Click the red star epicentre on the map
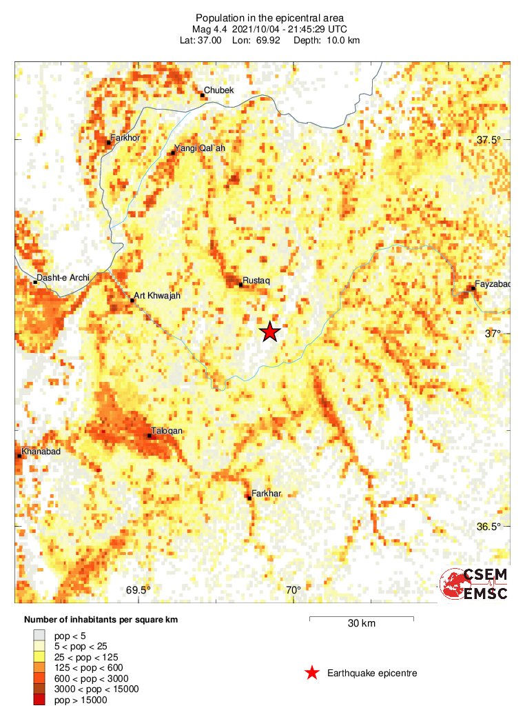click(x=269, y=332)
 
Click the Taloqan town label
click(x=168, y=431)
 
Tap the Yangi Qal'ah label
click(x=200, y=148)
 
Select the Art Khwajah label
click(x=156, y=296)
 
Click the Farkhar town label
click(x=267, y=493)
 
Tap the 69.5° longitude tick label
click(x=138, y=590)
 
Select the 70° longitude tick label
click(x=294, y=590)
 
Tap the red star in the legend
click(x=312, y=673)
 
